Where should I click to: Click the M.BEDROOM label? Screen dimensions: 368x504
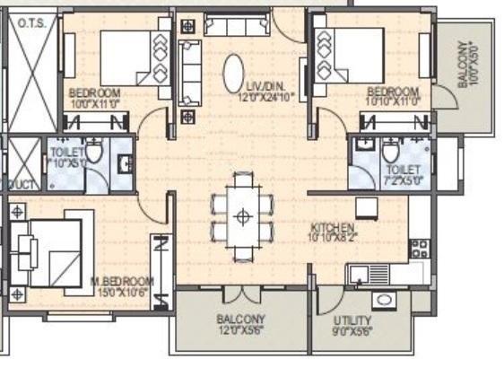click(121, 281)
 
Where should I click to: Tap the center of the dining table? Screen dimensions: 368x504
click(241, 216)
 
